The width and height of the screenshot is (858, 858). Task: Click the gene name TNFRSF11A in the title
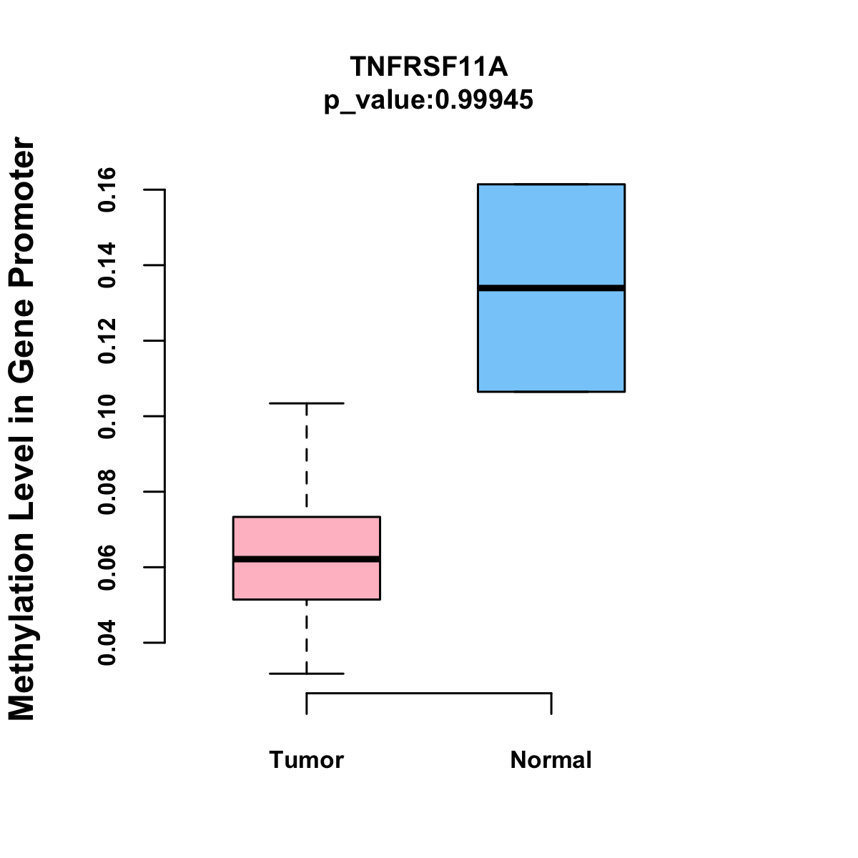click(x=428, y=67)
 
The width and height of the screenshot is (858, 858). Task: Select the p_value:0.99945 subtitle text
click(x=428, y=100)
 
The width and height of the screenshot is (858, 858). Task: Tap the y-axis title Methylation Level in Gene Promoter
click(x=22, y=429)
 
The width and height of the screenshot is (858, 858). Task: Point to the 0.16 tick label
click(x=107, y=189)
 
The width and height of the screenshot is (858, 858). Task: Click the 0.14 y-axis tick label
click(x=107, y=265)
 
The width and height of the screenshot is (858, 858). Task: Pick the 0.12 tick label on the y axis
click(x=107, y=341)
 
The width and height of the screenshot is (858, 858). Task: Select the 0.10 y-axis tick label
click(x=107, y=416)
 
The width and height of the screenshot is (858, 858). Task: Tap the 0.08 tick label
click(x=107, y=492)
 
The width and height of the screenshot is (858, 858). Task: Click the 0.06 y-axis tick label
click(x=107, y=568)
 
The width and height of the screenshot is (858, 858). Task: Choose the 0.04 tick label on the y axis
click(x=107, y=643)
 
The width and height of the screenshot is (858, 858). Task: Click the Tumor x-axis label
click(x=306, y=760)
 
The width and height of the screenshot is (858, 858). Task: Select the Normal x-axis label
click(x=551, y=760)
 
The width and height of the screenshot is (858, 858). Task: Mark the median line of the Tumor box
click(x=306, y=558)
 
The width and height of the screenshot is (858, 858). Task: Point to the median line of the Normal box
click(x=551, y=288)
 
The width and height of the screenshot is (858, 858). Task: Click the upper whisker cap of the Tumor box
click(x=306, y=403)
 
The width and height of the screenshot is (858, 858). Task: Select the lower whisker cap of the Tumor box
click(x=306, y=674)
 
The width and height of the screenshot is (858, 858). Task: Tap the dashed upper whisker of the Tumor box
click(x=306, y=458)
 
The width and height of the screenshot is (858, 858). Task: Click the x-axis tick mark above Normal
click(x=551, y=704)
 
